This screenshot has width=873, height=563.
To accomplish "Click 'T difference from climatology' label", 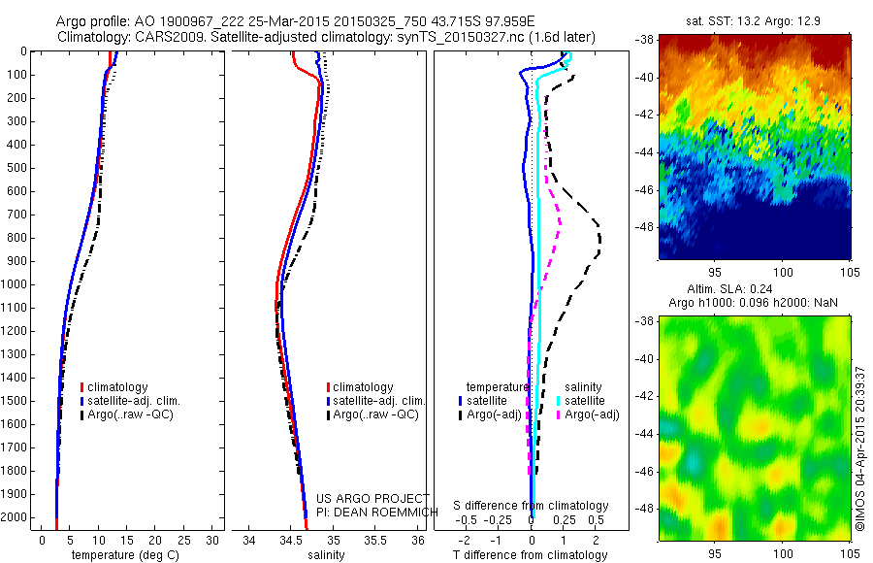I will [x=531, y=555].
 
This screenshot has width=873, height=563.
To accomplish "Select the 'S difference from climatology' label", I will [x=531, y=506].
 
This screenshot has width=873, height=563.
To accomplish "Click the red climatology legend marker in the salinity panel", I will [x=329, y=387].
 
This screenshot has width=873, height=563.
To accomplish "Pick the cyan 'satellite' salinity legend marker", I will [x=559, y=401].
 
